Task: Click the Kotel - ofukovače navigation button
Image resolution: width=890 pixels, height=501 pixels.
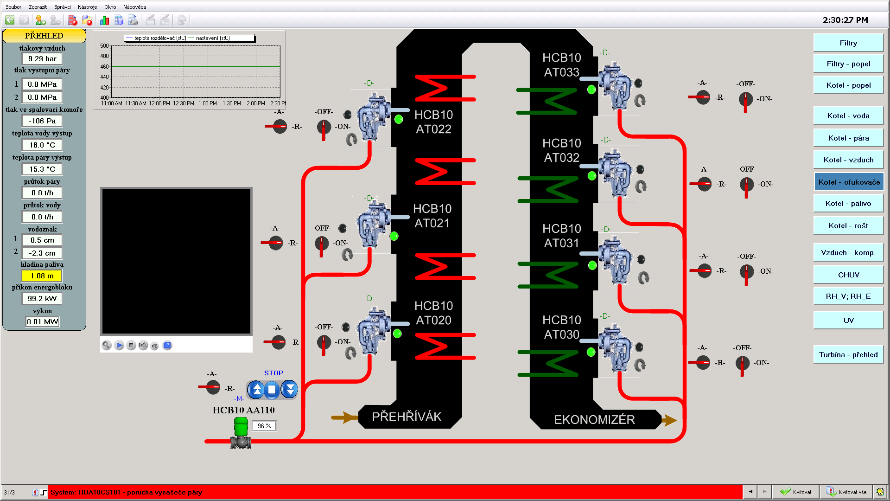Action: (848, 182)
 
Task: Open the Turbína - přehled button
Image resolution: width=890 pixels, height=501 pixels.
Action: (848, 355)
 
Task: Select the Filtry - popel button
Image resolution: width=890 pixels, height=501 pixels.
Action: (848, 64)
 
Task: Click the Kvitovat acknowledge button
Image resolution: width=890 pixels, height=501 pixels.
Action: (796, 492)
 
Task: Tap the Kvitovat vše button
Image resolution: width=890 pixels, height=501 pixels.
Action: (847, 492)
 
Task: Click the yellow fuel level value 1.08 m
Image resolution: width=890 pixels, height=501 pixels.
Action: (42, 276)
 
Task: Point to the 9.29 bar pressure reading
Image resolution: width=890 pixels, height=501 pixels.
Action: (42, 59)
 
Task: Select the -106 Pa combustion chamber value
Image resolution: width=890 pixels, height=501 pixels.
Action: (42, 121)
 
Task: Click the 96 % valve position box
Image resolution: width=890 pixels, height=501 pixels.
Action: (264, 426)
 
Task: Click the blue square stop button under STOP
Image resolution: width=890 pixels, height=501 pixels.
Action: (272, 390)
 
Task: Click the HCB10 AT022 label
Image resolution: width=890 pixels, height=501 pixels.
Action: (433, 122)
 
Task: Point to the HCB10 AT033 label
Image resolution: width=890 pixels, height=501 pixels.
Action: (561, 65)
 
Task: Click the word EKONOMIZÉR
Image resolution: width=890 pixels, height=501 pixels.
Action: (594, 420)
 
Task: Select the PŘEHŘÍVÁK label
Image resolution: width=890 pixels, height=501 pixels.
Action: (407, 417)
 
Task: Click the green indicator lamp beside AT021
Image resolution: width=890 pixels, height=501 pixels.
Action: (394, 237)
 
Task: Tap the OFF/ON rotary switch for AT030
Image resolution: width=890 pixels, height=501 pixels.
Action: (742, 363)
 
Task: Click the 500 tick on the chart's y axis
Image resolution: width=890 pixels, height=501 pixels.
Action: (104, 46)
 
